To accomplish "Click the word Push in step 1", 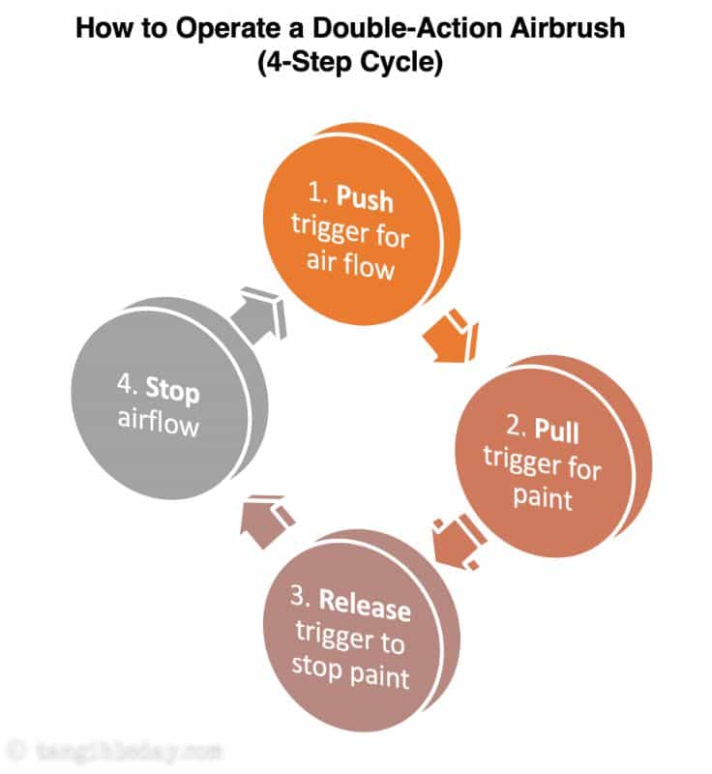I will pyautogui.click(x=366, y=201).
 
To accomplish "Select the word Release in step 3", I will pyautogui.click(x=365, y=608).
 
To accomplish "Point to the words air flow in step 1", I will pyautogui.click(x=351, y=261).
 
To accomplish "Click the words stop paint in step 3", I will pyautogui.click(x=350, y=670).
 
